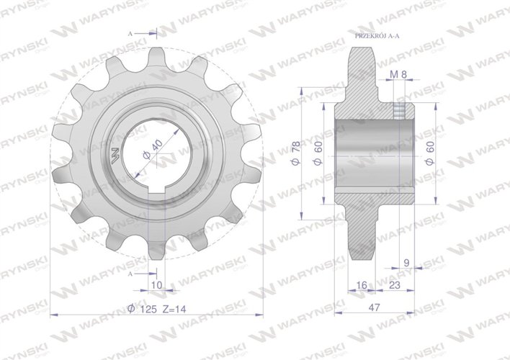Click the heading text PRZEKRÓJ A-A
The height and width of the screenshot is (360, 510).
point(380,35)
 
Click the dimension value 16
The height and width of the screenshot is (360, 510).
point(362,286)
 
